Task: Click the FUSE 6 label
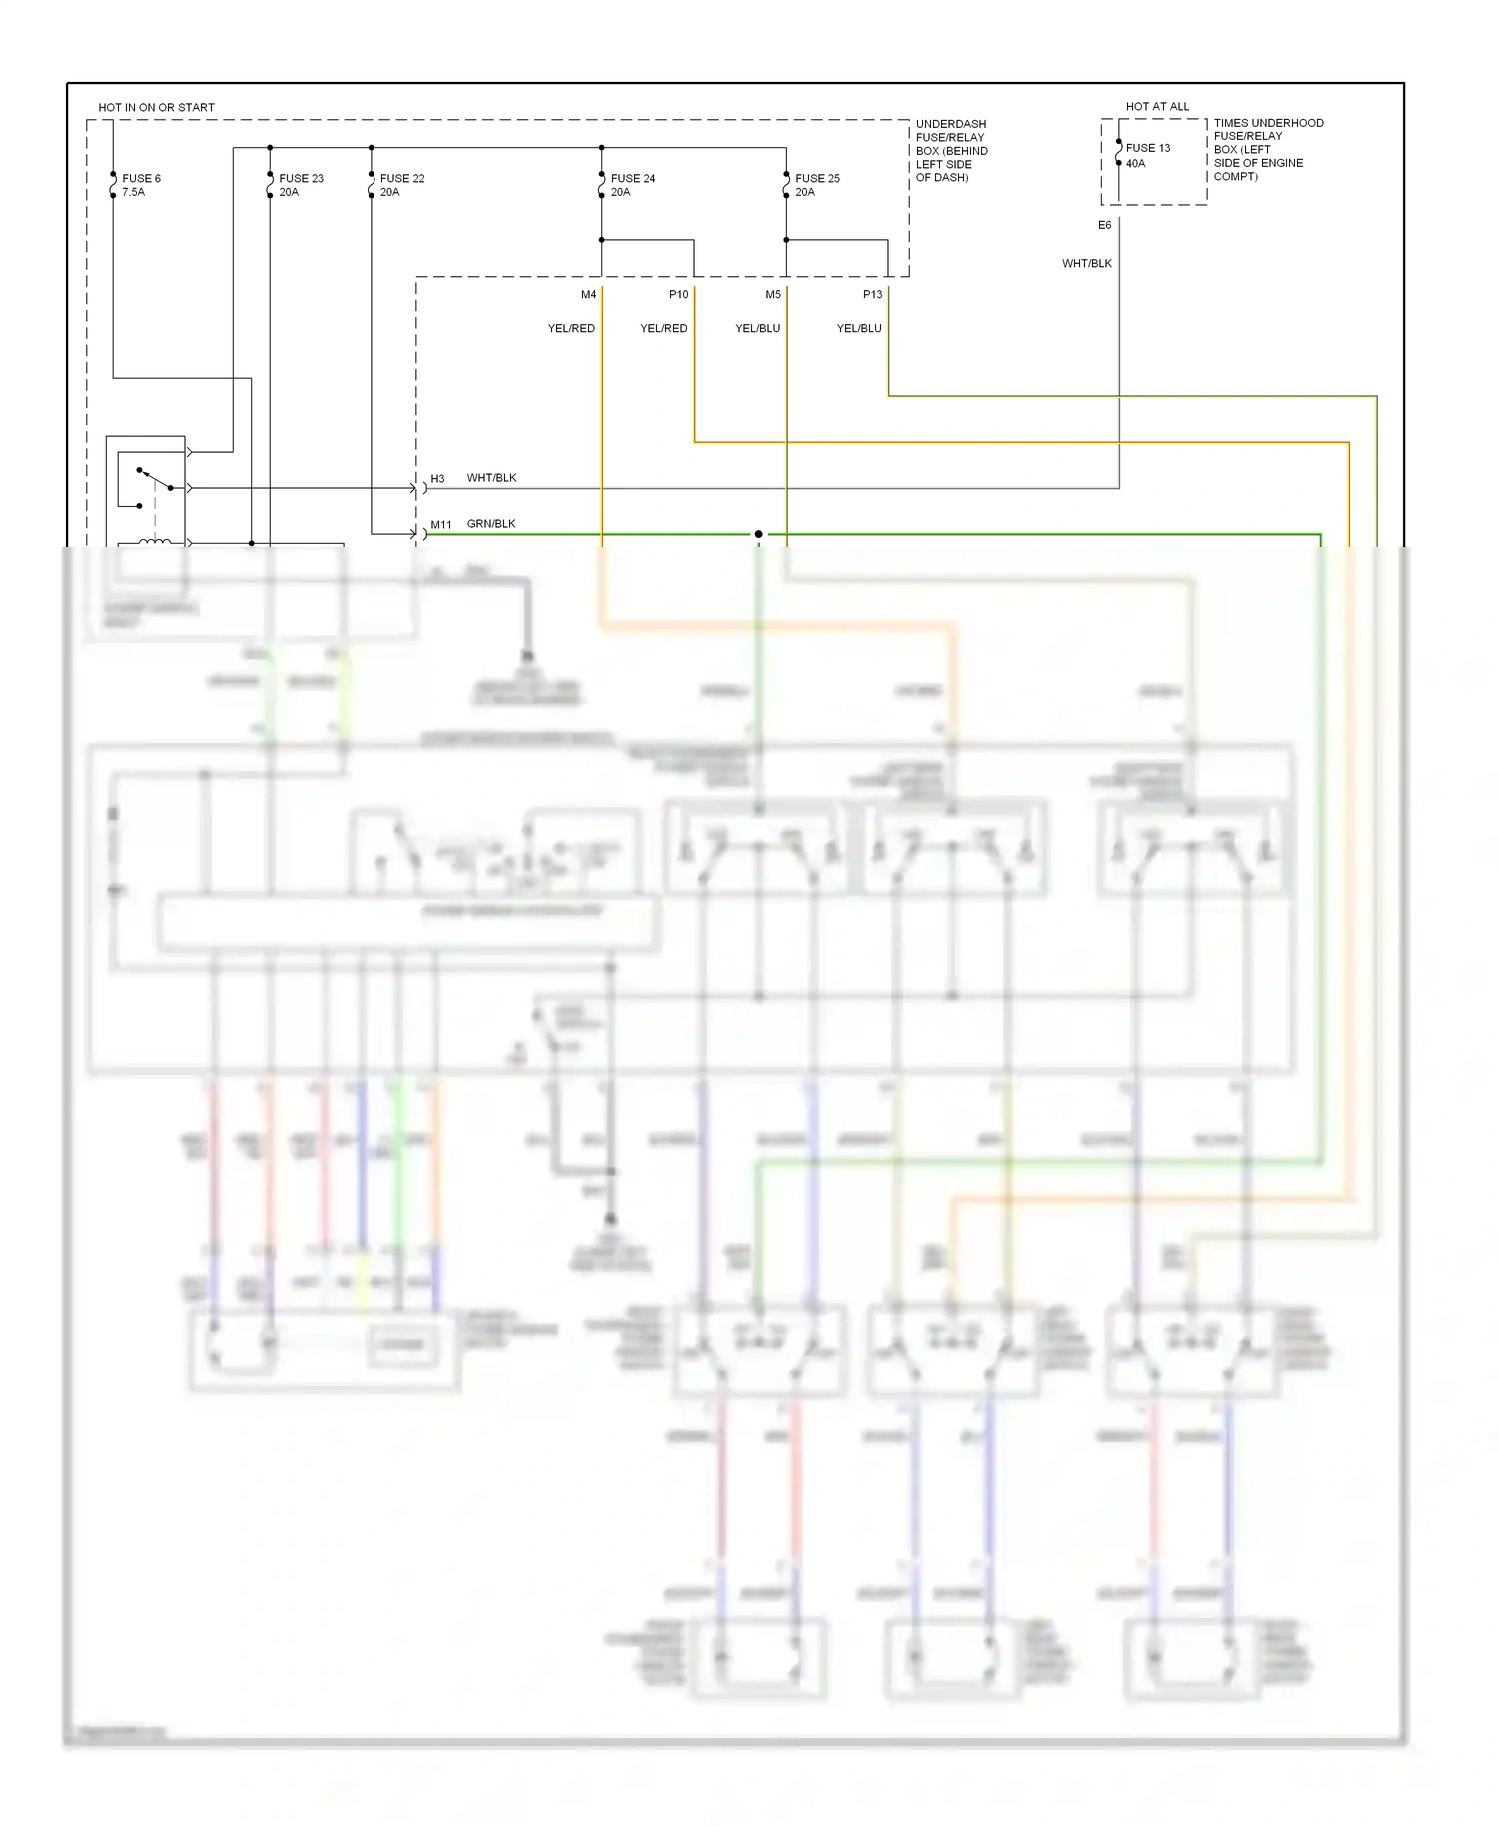pos(141,178)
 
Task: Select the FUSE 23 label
pos(301,178)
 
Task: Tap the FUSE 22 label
pos(402,178)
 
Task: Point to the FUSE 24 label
pos(633,178)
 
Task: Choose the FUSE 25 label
pos(817,178)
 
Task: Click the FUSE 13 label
pos(1148,147)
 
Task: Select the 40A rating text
pos(1136,163)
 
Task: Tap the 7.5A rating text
pos(133,192)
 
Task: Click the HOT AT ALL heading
pos(1157,106)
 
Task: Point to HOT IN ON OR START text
pos(156,107)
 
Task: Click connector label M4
pos(588,294)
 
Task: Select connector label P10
pos(678,294)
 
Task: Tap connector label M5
pos(773,294)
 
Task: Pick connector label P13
pos(872,294)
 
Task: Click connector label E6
pos(1104,225)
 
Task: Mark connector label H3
pos(437,479)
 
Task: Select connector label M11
pos(441,524)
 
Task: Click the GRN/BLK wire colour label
pos(491,523)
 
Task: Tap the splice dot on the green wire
pos(759,534)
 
